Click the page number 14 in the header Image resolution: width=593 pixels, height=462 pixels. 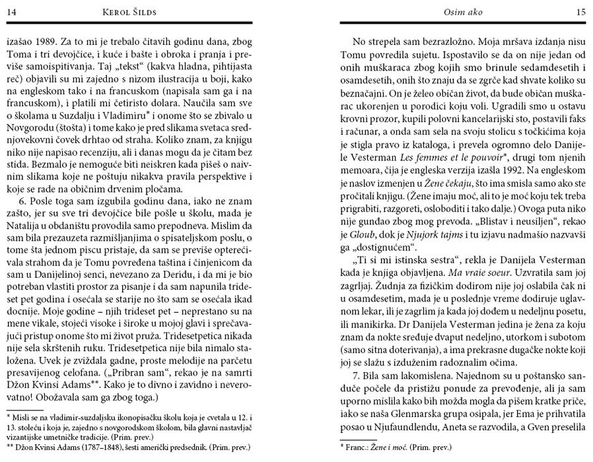[13, 11]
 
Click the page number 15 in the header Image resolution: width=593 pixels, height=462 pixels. [580, 11]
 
